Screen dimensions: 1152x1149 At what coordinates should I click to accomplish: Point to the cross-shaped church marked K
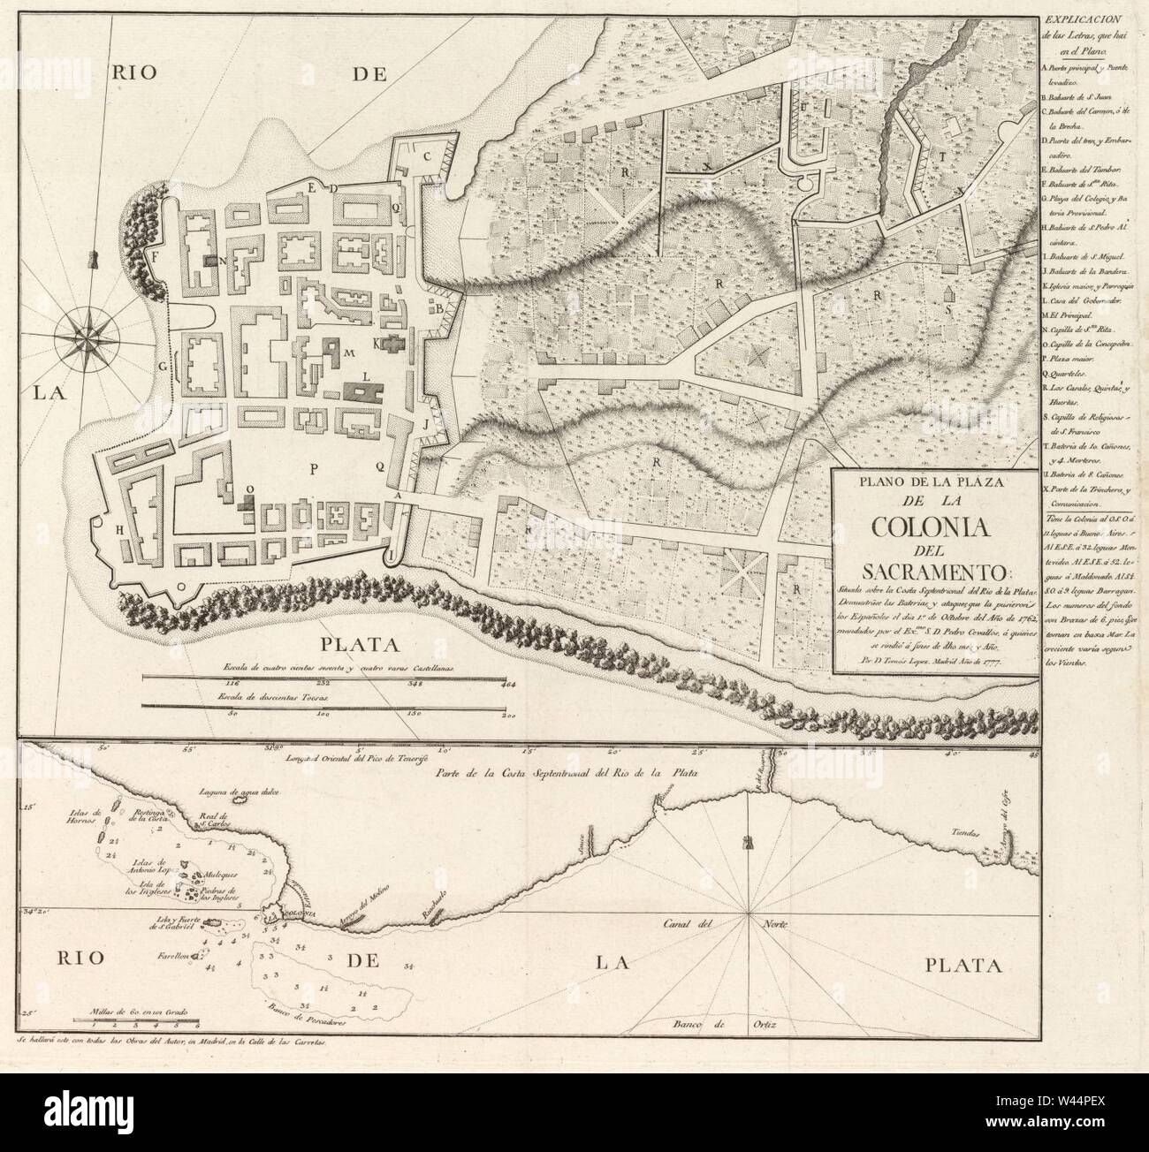click(x=392, y=345)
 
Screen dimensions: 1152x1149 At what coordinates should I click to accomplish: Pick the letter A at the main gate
click(x=398, y=496)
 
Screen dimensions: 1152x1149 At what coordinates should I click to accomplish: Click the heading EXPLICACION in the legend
click(x=1094, y=17)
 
